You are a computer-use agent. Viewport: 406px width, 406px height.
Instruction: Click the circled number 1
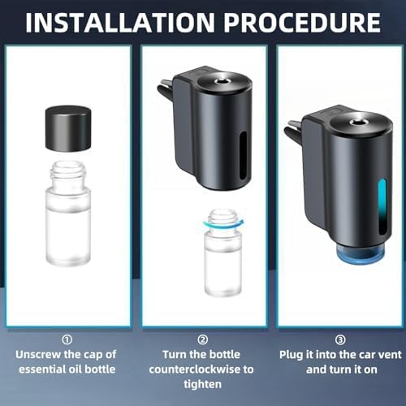click(67, 340)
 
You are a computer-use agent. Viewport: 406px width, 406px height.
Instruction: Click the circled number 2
click(203, 340)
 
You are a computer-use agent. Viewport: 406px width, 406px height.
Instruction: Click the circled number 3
click(339, 340)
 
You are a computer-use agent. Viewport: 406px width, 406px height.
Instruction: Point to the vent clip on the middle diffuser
click(166, 87)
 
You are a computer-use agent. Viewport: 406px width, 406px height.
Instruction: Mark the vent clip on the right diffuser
click(296, 130)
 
